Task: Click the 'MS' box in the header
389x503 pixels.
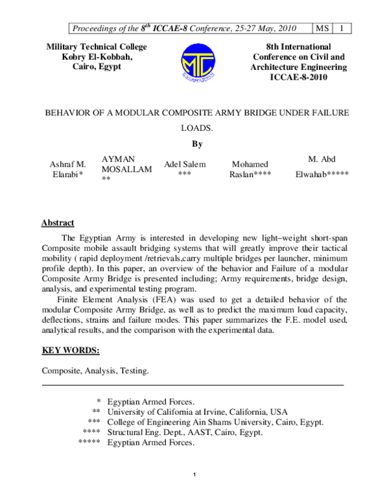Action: click(322, 28)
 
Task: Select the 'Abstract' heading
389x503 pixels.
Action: click(58, 223)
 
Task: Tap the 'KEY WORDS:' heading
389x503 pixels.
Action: click(71, 351)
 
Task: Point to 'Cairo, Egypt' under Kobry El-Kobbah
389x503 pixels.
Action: click(95, 67)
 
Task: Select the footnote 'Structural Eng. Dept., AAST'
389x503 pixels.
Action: click(185, 432)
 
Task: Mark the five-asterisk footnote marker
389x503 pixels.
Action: click(89, 443)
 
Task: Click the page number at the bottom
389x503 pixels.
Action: click(194, 478)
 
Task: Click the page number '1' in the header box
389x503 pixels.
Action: click(342, 28)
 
